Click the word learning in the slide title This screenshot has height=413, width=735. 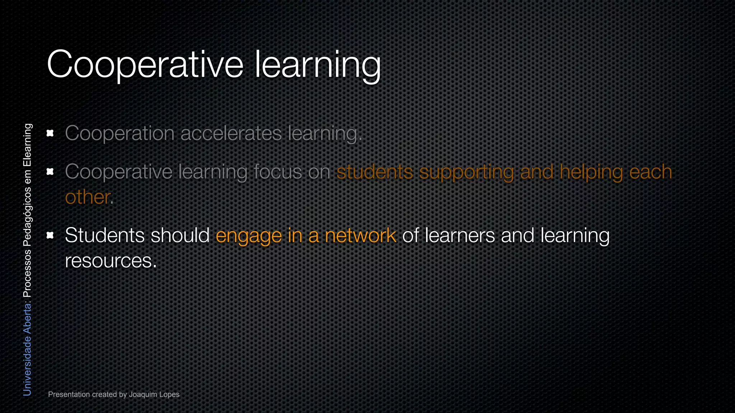click(x=317, y=65)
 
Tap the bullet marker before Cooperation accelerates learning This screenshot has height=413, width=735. click(x=50, y=133)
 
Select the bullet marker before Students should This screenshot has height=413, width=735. click(x=50, y=235)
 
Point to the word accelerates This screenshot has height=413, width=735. click(x=231, y=133)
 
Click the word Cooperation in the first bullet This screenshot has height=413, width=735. click(x=120, y=133)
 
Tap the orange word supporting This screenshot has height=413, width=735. click(x=467, y=172)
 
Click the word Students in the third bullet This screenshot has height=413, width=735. click(x=104, y=235)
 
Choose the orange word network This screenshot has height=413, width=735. click(x=360, y=235)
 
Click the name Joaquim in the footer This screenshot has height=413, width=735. click(x=143, y=394)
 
